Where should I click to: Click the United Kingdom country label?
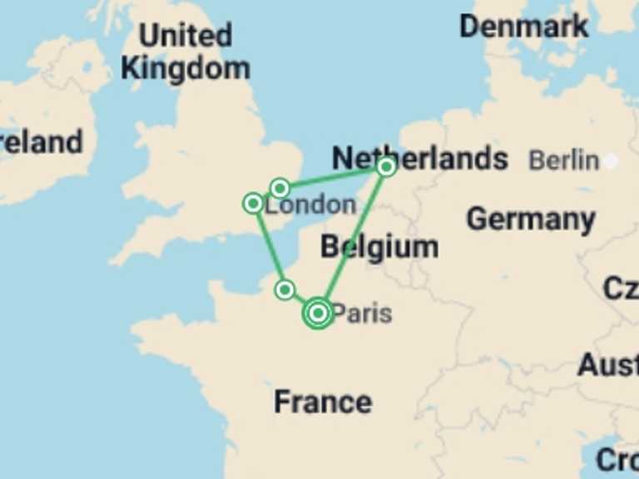click(x=185, y=52)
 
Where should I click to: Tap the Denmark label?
click(x=523, y=26)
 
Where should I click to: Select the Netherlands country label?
click(x=419, y=158)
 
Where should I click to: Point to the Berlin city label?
click(x=563, y=160)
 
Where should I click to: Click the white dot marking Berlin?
click(x=611, y=160)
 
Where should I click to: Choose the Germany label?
click(x=530, y=220)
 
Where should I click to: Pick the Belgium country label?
click(x=379, y=247)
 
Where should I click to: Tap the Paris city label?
click(x=362, y=314)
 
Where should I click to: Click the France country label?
click(x=323, y=402)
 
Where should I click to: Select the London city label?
click(x=310, y=205)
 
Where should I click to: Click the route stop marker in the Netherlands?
click(x=385, y=167)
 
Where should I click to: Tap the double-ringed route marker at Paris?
click(x=318, y=313)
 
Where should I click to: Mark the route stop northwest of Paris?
click(x=285, y=289)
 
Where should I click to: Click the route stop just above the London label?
click(x=280, y=188)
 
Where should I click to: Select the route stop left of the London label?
click(x=253, y=204)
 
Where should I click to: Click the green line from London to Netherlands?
click(x=333, y=177)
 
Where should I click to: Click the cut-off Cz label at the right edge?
click(x=622, y=289)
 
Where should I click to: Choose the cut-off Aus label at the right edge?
click(x=609, y=364)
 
